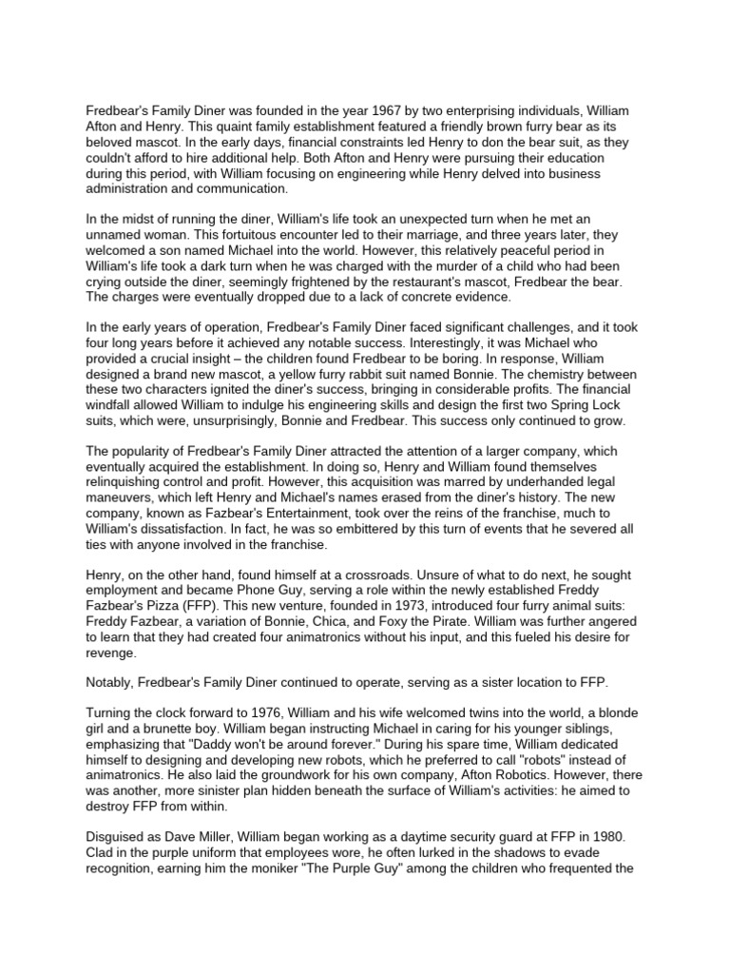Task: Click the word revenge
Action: click(x=112, y=655)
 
